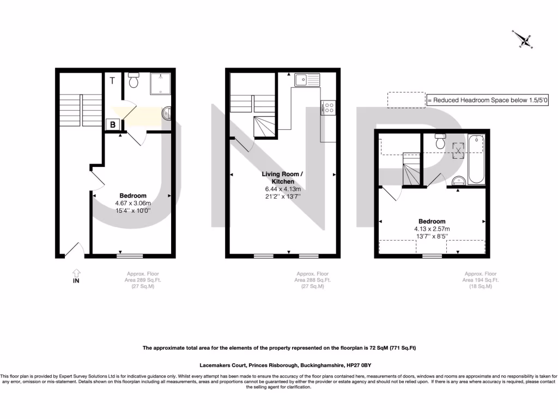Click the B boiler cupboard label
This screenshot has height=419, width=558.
pos(113,124)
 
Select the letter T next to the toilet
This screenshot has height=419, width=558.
pos(112,81)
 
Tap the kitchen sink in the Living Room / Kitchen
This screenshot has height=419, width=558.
pos(307,80)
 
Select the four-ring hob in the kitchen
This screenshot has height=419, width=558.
pos(329,107)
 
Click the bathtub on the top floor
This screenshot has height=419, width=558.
pos(476,159)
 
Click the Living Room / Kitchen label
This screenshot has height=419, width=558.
pos(281,178)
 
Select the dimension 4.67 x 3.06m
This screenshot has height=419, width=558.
pos(133,203)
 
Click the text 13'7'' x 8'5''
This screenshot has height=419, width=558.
pos(432,236)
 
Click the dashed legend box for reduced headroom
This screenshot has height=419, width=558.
pos(406,100)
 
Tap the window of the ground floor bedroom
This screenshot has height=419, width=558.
pos(130,255)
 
